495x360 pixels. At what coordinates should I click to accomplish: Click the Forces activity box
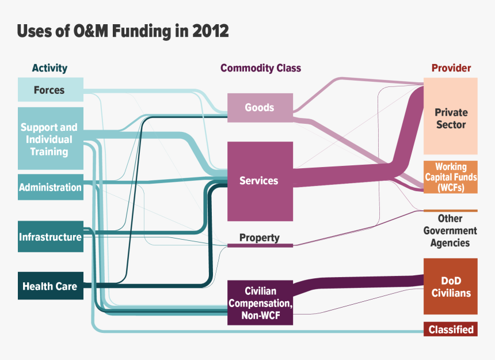50,90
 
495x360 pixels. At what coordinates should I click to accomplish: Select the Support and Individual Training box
50,139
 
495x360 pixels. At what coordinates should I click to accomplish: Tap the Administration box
50,187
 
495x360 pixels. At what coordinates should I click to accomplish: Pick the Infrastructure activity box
50,237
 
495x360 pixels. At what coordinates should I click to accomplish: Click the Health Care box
50,286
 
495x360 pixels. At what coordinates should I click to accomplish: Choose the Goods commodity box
259,108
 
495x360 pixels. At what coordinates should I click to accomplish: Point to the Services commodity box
259,181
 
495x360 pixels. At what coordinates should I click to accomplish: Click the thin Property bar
260,245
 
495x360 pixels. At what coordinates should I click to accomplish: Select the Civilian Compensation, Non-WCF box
260,302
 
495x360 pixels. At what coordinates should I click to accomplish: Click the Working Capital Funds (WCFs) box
451,177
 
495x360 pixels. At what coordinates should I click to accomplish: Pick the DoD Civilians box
451,286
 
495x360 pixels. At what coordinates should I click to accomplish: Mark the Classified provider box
451,329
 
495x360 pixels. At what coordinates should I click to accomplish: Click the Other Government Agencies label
450,230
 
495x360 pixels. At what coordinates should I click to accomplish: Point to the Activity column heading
49,68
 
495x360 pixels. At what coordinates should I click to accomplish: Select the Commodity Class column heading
260,68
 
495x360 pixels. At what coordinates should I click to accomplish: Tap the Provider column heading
451,68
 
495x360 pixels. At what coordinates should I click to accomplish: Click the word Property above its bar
260,237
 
